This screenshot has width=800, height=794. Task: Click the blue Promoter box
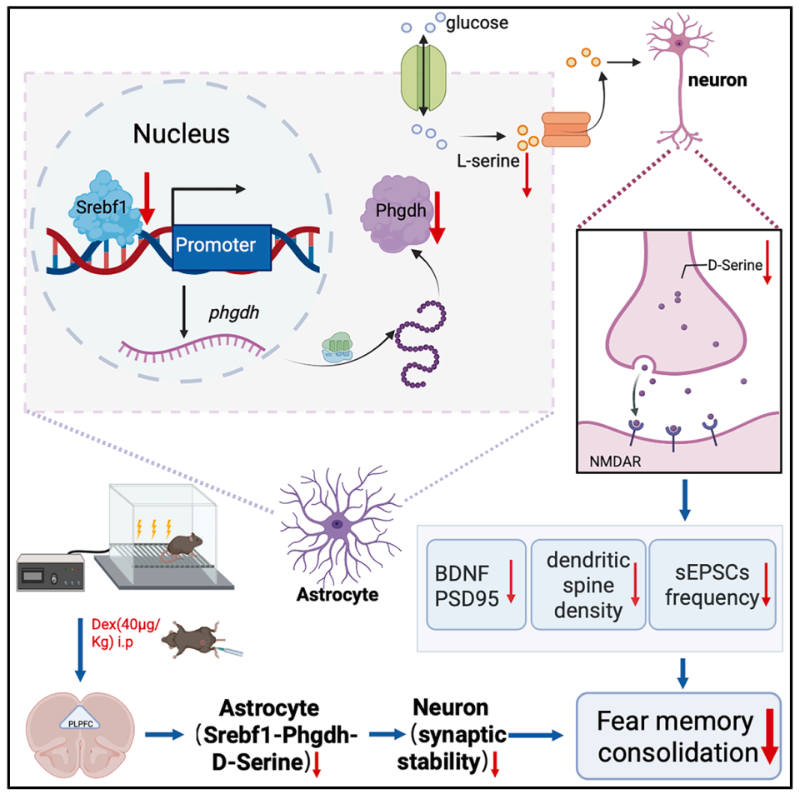pos(221,246)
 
